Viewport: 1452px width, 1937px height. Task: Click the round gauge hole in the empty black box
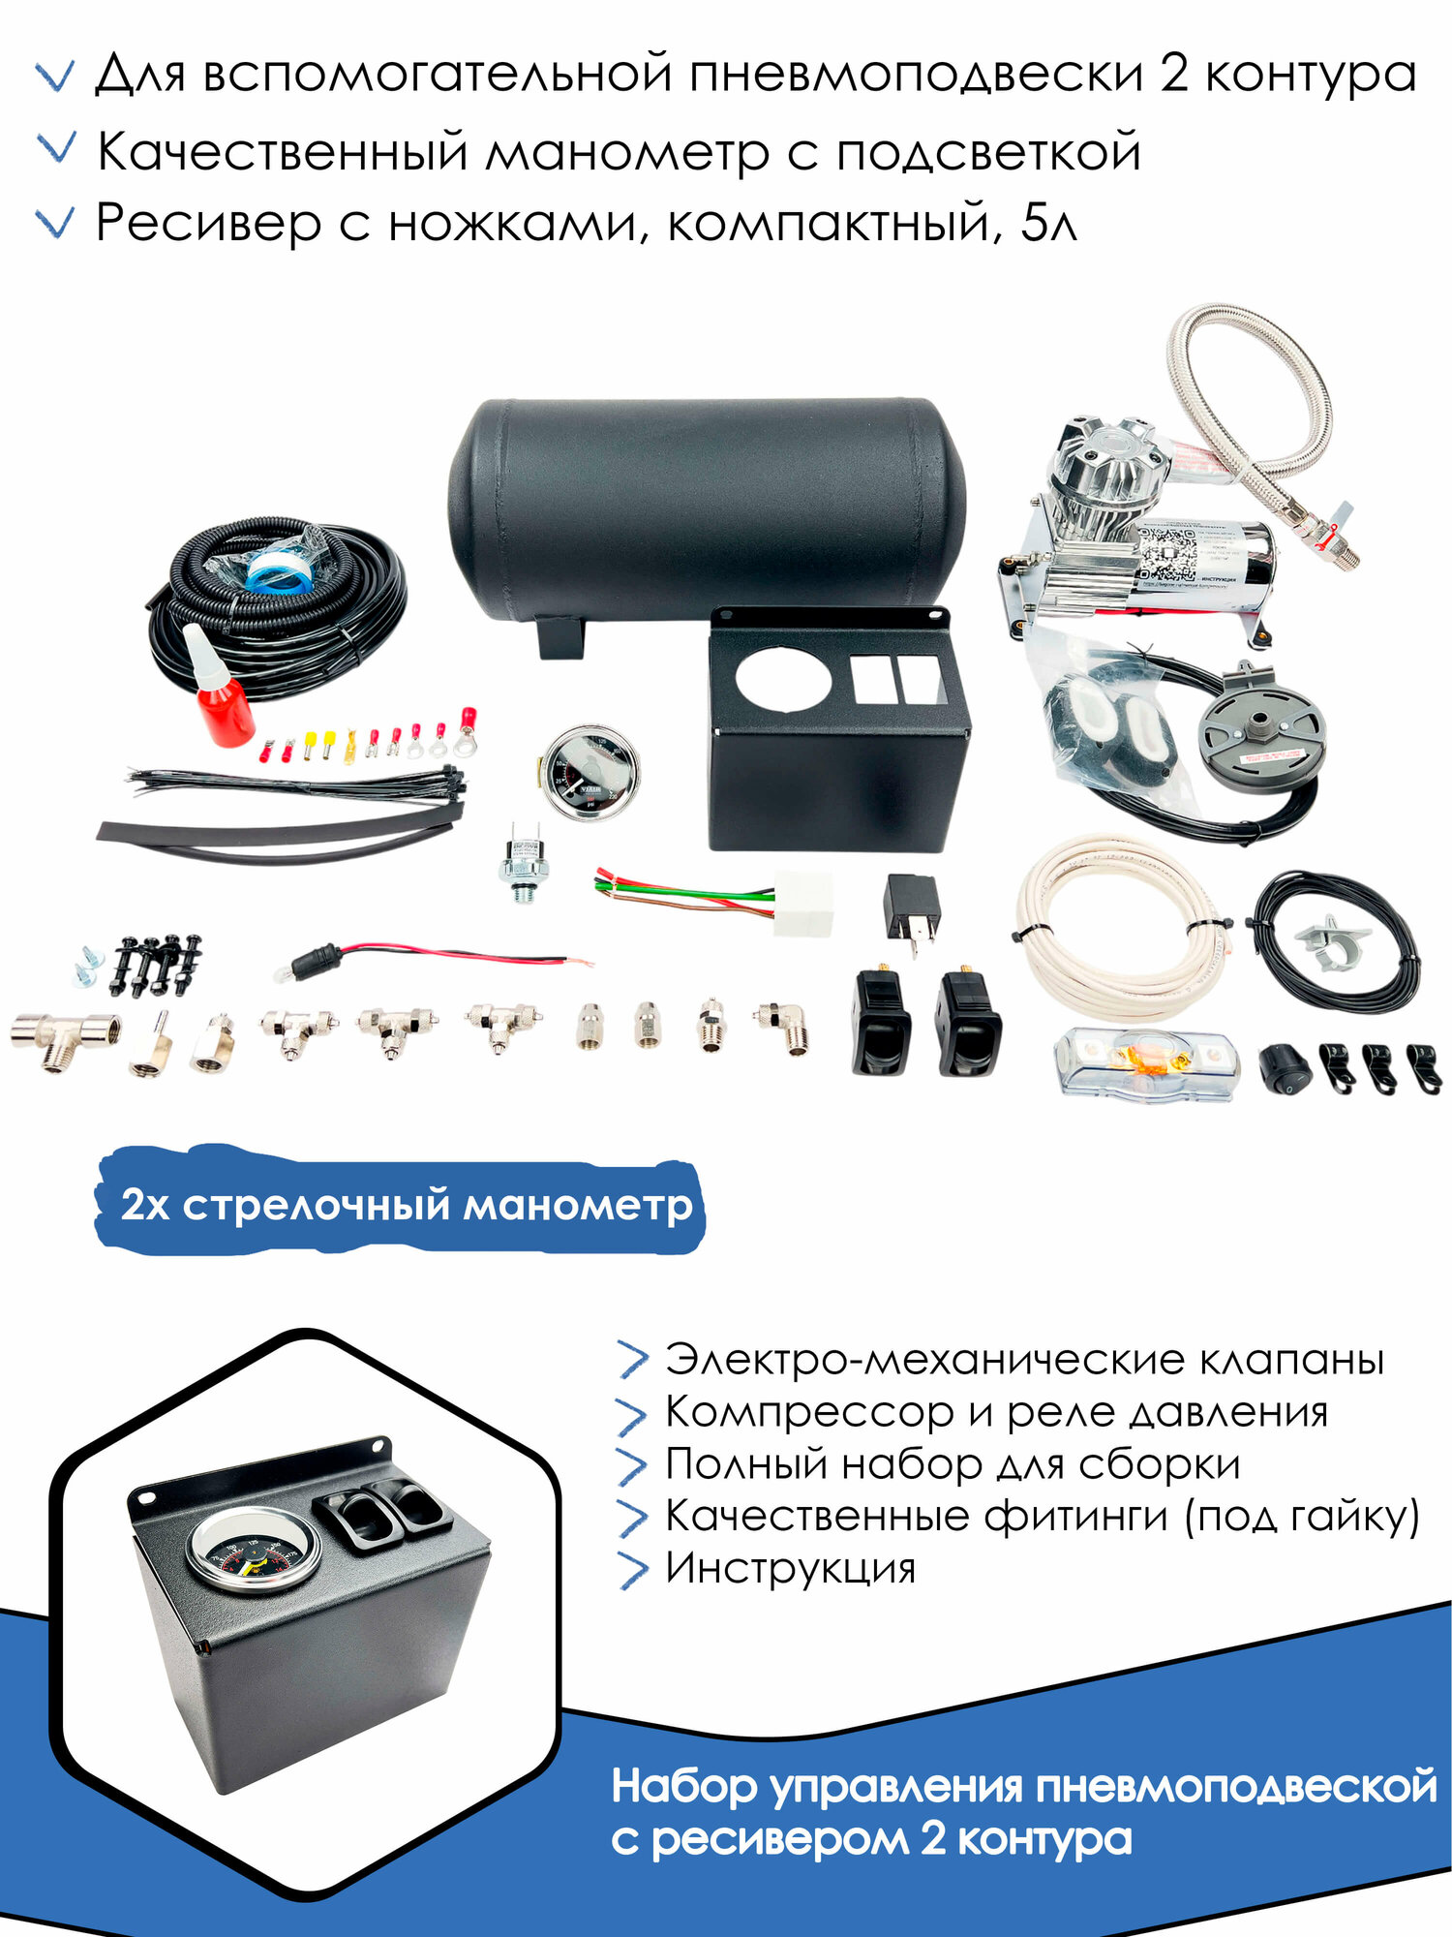point(783,676)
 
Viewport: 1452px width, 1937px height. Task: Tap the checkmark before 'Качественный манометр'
point(55,150)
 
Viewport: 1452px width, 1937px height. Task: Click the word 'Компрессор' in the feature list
point(809,1413)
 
